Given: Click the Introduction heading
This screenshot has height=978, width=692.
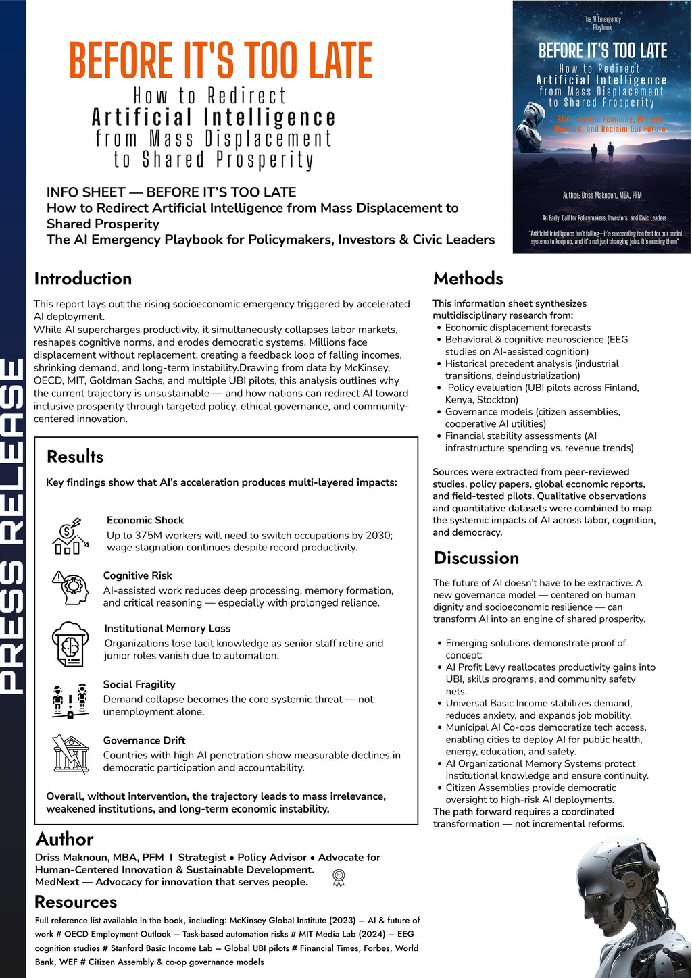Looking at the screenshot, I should pos(83,279).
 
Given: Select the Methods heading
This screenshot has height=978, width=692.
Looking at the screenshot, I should pos(468,279).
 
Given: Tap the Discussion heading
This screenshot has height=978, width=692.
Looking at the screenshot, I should pos(476,558).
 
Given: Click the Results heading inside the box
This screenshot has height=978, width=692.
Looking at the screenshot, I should pos(75,457).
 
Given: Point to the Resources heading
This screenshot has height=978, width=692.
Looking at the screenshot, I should pos(76,902).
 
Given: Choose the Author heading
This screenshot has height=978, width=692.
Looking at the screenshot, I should pos(64,839).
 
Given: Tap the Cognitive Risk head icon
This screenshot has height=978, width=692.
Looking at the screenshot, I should pos(71,587).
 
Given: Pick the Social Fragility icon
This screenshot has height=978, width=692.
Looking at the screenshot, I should pos(70,700).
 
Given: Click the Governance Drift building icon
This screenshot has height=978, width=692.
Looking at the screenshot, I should pos(70,754).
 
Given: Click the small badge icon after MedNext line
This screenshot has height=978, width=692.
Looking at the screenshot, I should pos(339,878).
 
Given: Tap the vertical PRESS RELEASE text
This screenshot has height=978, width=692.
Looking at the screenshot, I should pos(13,527).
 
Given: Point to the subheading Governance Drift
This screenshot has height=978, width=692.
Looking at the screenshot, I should pos(144,740).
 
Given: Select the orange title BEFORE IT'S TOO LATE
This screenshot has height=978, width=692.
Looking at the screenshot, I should pos(220,61).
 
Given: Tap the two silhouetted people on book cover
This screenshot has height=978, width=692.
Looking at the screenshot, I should pos(600,153).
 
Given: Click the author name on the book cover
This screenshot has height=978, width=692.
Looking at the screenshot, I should pos(601,195).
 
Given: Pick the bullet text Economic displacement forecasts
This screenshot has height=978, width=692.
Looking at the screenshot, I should pos(518,328).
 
